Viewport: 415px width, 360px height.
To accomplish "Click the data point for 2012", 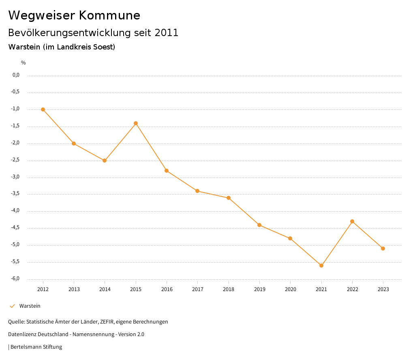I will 43,109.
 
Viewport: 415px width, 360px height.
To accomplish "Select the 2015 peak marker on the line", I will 136,123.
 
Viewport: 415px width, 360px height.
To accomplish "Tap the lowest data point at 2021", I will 321,266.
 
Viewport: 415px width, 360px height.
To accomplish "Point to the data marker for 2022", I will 352,221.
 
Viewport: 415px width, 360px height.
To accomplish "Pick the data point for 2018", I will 229,198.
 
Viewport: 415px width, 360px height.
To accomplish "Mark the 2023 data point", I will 383,249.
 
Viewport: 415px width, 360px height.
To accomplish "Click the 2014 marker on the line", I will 105,161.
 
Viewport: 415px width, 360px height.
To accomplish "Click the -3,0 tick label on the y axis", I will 16,177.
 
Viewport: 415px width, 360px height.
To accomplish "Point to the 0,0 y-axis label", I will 16,75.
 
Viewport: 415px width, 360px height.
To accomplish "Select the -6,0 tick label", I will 16,279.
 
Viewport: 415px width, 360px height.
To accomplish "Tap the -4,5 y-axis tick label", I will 16,228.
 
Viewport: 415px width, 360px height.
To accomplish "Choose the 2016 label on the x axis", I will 167,289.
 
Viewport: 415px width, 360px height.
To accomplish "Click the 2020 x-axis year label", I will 290,289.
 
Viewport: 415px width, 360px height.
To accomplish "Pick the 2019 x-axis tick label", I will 259,289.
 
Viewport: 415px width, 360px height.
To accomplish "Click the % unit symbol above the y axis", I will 24,63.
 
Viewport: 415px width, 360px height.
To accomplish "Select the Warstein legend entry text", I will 30,306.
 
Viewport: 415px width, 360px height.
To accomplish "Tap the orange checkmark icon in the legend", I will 12,306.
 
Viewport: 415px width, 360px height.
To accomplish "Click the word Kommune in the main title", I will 109,15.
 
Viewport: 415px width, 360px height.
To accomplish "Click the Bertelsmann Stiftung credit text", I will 36,347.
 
